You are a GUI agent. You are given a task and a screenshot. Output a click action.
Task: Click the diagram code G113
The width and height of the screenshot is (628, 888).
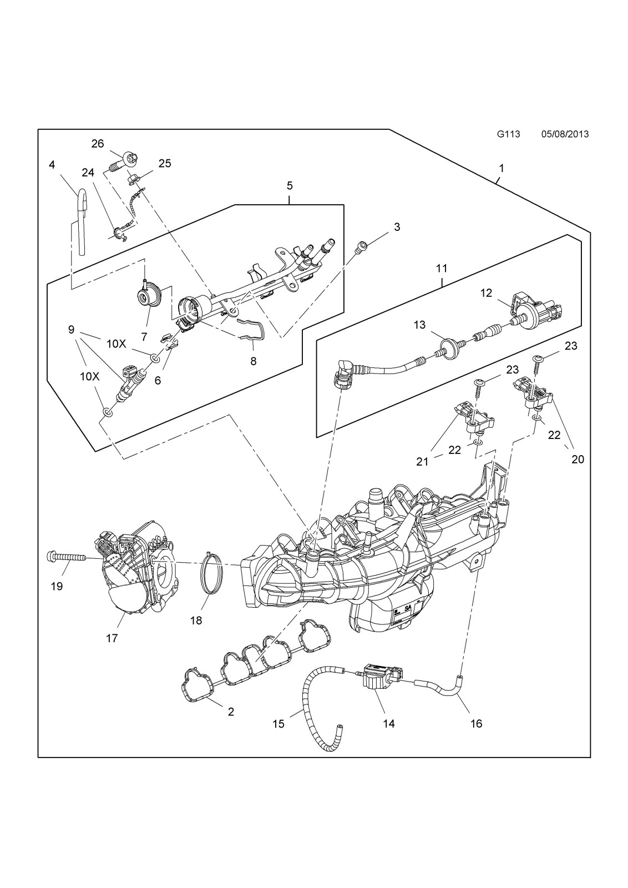click(508, 134)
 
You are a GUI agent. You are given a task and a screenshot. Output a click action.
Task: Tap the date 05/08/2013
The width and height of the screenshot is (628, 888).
click(565, 134)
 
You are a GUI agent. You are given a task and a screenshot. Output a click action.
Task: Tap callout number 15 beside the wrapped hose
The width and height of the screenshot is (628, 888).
click(278, 724)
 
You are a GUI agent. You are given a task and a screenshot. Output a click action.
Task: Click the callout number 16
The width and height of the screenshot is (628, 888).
click(476, 724)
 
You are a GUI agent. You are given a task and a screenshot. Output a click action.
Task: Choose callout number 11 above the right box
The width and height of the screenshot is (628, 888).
click(442, 269)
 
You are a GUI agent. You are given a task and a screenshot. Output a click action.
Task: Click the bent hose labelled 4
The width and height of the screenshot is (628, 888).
click(81, 222)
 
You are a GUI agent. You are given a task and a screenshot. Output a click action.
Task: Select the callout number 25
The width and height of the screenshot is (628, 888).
click(165, 163)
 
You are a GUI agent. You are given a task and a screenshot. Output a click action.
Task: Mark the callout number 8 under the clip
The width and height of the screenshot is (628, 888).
click(253, 361)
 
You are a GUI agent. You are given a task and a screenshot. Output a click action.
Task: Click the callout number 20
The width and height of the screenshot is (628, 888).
click(578, 460)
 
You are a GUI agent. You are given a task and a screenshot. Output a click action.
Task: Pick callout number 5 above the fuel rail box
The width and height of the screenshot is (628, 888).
click(290, 185)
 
